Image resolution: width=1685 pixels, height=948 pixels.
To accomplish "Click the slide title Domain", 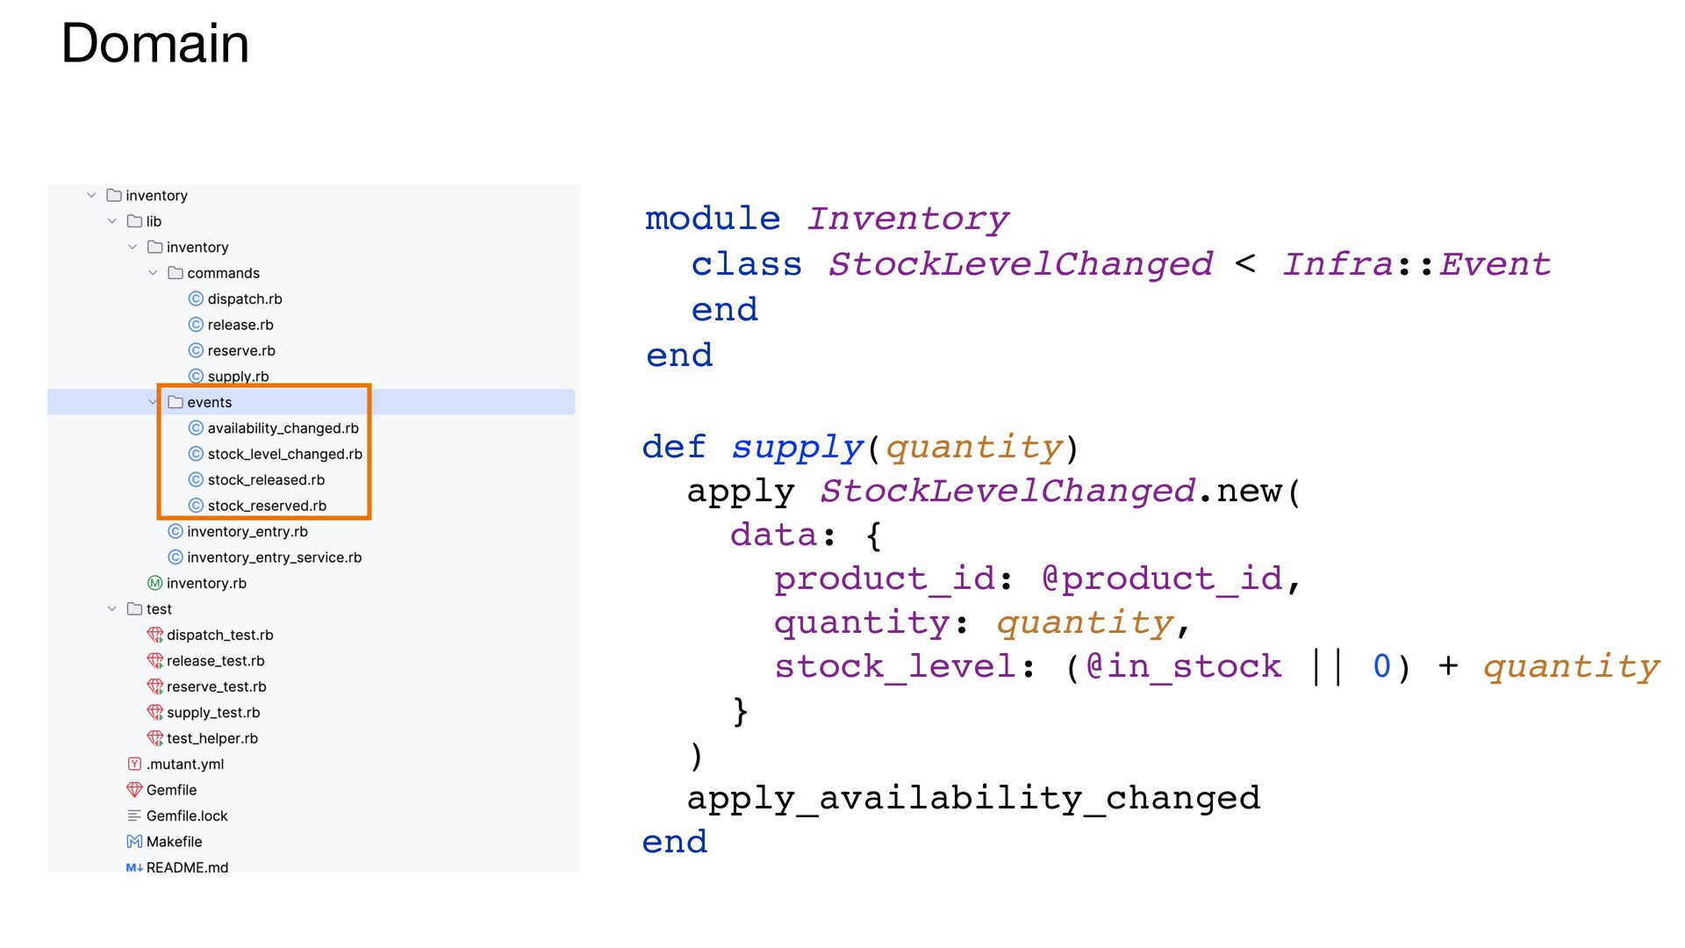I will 155,43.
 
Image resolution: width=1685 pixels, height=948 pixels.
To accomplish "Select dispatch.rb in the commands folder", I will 244,299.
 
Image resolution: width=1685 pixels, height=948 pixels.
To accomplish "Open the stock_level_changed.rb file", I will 284,455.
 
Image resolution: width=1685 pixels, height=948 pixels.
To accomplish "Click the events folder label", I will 209,403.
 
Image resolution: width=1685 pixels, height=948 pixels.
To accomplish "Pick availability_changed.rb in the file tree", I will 283,428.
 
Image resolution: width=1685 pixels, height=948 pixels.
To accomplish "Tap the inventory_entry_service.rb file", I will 274,557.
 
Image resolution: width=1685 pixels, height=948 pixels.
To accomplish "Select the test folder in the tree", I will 158,609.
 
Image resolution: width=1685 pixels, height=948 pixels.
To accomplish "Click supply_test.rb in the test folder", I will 213,713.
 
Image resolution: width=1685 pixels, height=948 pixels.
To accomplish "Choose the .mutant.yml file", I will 184,765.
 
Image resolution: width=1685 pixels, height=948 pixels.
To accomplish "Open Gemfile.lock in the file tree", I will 187,816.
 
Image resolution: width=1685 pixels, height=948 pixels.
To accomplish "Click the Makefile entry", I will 174,842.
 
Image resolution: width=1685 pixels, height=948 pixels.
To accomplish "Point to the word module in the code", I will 712,219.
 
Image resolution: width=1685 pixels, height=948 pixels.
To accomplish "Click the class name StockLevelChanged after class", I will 1020,264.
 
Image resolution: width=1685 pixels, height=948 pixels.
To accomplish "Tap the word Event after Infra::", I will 1494,264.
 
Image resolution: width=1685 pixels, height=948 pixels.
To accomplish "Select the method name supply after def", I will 797,448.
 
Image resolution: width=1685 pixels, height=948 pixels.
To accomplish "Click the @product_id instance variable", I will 1161,579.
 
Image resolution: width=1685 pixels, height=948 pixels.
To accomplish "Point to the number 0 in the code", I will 1381,667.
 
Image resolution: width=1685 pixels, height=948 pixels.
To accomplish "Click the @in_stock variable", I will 1183,667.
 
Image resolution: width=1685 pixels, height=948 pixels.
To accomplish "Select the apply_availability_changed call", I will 972,798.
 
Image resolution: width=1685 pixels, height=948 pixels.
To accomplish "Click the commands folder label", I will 223,274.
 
